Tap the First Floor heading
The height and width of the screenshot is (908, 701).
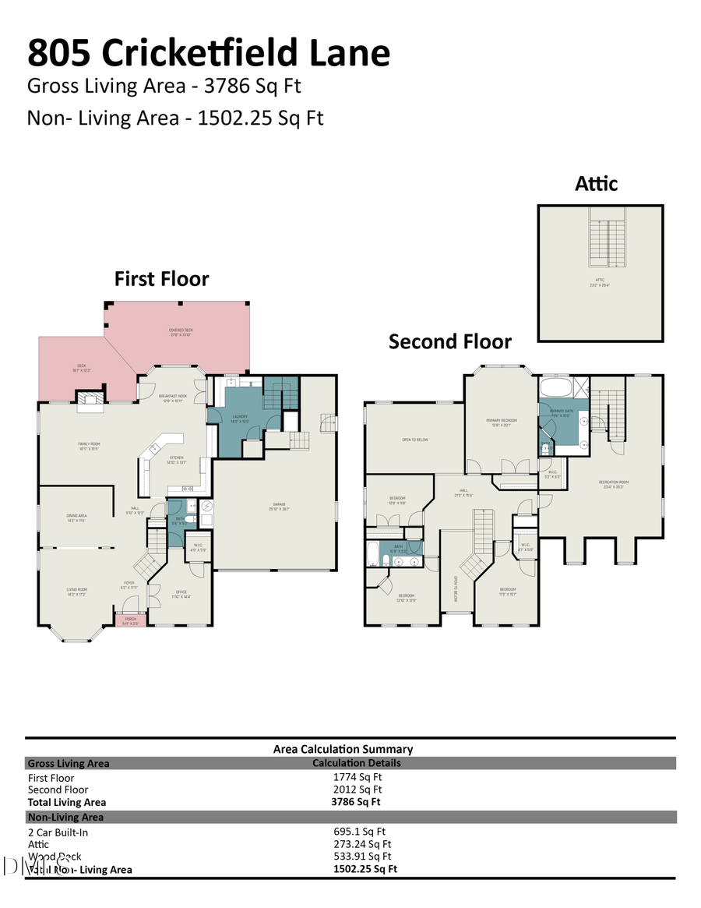click(162, 279)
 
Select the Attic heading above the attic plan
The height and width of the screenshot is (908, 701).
click(596, 184)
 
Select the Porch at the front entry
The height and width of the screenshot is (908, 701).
click(130, 620)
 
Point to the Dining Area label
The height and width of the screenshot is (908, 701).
click(76, 517)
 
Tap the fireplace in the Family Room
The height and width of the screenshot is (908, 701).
click(90, 401)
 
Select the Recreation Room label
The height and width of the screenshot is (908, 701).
click(614, 484)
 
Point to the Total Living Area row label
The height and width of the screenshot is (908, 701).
click(67, 802)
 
